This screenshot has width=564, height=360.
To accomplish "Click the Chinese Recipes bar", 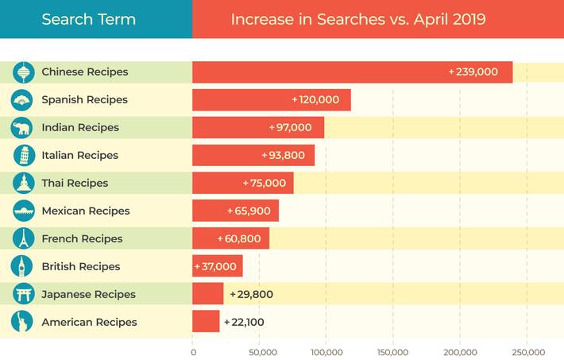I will pos(352,72).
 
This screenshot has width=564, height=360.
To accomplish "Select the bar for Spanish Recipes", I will pos(271,100).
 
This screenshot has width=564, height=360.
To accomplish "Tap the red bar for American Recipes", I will pos(206,322).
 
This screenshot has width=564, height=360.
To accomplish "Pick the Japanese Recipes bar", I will pos(207,294).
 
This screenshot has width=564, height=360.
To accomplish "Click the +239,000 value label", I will pos(473,72).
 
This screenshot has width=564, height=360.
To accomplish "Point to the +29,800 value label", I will pos(251,295).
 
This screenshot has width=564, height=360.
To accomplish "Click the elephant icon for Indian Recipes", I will pos(23,128).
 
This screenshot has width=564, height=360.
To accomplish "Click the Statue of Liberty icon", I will pos(23,322).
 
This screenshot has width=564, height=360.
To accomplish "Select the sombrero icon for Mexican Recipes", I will pos(23,211).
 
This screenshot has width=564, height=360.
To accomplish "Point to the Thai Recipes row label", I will pos(75,184).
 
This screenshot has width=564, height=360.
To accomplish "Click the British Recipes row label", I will pos(81,267).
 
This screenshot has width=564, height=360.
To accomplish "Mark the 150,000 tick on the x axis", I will pos(392,352).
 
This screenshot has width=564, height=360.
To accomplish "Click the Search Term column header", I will pos(88,19).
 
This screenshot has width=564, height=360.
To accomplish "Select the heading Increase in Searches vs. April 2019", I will pos(358,19).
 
